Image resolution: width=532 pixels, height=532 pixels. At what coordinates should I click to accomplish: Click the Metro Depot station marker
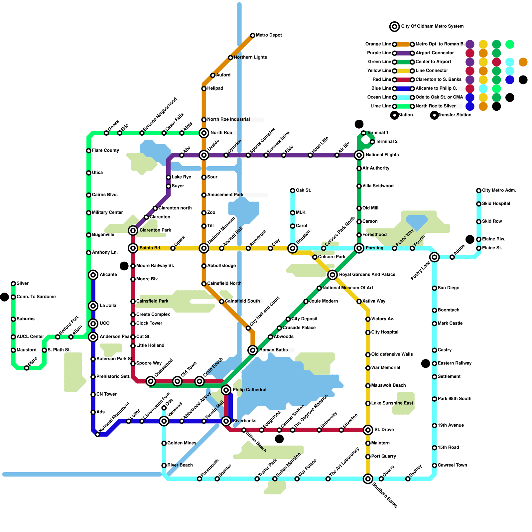point(253,35)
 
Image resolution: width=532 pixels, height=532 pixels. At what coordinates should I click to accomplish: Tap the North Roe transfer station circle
point(204,133)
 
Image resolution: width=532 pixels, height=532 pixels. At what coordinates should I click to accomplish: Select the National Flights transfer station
point(359,155)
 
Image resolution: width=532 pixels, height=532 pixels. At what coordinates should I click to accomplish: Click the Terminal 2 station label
point(387,142)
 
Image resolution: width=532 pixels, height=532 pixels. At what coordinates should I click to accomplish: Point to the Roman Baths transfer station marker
point(253,350)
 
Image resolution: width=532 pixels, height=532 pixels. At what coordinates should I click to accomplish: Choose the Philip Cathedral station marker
point(226,390)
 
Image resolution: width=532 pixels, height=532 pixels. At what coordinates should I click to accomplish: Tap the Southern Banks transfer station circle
point(368,479)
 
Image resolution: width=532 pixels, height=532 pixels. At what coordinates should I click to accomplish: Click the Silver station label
point(23,284)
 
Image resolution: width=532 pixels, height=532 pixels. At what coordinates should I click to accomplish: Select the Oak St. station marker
point(293,191)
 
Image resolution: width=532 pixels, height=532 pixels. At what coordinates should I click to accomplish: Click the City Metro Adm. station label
point(499,191)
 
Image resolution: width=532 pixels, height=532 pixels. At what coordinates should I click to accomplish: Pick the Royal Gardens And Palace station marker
point(332,275)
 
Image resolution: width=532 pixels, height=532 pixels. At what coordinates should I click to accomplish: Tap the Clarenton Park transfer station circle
point(133,230)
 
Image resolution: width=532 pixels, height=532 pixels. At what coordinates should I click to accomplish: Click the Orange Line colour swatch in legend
point(403,44)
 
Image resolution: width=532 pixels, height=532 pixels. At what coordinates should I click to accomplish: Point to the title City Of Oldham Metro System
point(432,26)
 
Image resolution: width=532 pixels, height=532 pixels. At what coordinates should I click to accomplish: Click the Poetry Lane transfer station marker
point(434,257)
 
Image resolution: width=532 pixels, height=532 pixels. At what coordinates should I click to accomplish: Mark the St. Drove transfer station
point(368,430)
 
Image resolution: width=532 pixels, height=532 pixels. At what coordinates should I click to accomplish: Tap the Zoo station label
point(211,213)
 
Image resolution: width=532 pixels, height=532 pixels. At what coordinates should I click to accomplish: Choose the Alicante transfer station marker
point(93,275)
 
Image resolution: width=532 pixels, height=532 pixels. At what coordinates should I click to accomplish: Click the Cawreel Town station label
point(452,465)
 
